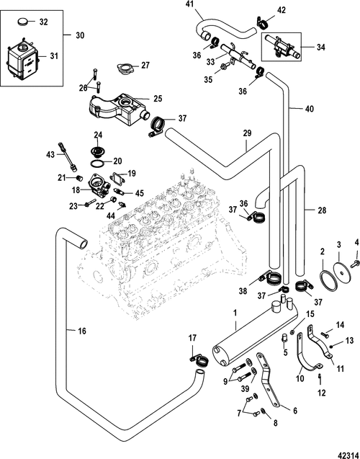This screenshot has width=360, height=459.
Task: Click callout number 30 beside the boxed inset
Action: coord(80,34)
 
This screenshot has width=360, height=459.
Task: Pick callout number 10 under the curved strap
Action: coord(300,376)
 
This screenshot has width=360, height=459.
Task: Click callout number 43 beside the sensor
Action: coord(50,155)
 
